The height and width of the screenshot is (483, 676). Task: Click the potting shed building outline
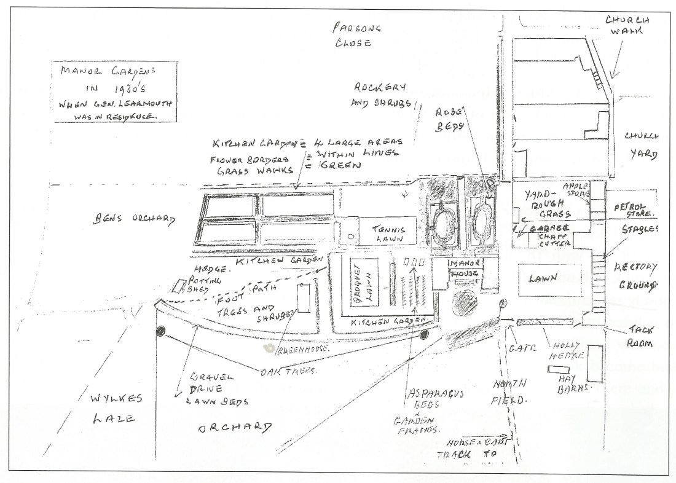[x=179, y=286]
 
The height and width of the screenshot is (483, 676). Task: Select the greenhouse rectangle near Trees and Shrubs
[x=303, y=299]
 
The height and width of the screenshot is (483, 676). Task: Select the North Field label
[x=509, y=392]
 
